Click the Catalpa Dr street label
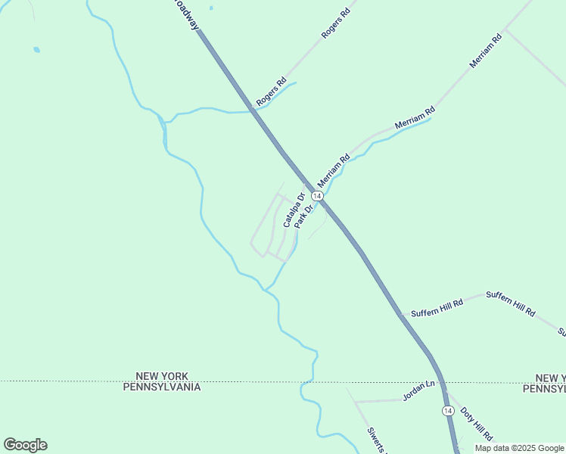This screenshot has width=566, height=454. [293, 211]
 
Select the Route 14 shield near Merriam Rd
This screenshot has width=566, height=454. [317, 196]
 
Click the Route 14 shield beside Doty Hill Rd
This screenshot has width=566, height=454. [447, 410]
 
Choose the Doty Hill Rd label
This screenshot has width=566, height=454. [477, 426]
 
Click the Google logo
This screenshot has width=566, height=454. [25, 445]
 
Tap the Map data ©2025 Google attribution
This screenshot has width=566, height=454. [519, 448]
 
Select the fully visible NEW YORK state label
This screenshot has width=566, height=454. [162, 376]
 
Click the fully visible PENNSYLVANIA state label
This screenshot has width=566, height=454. [162, 387]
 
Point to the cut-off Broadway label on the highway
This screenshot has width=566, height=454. [185, 14]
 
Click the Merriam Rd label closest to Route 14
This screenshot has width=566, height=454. [334, 171]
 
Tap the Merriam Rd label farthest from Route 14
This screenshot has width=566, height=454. [486, 51]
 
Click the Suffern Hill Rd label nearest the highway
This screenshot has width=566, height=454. [432, 309]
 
